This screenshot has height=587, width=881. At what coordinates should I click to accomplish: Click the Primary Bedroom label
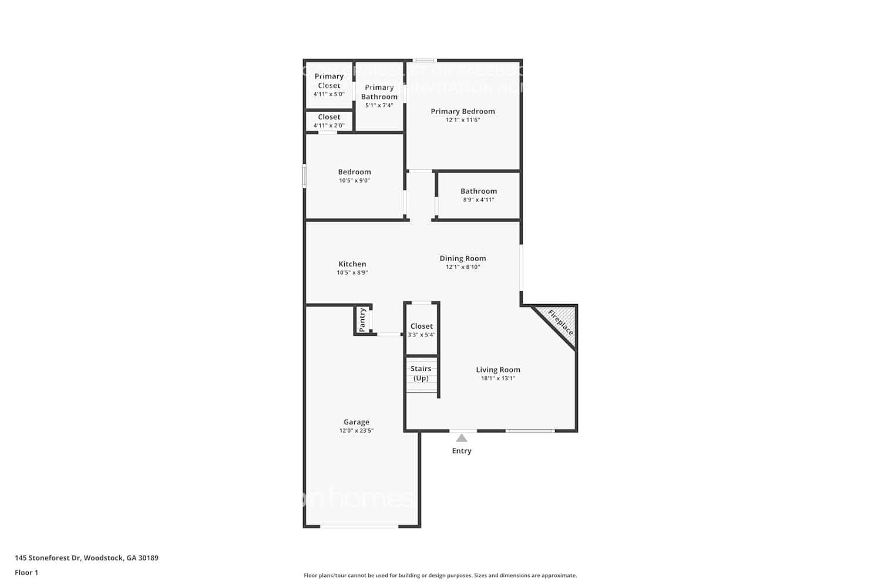(462, 111)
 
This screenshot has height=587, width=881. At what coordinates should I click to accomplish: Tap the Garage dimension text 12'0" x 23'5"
(356, 431)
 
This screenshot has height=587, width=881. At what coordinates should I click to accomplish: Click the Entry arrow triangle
(462, 438)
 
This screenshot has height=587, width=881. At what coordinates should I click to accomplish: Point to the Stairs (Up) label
(421, 373)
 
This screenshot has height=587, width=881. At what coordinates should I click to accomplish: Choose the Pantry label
(362, 320)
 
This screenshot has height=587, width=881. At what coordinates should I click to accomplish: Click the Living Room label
(497, 370)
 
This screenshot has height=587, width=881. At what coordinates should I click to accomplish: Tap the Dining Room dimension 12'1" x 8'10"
(462, 267)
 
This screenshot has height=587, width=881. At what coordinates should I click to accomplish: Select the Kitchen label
(352, 264)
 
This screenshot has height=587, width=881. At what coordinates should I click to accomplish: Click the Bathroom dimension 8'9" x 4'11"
(478, 200)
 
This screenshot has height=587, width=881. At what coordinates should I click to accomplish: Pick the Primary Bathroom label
(379, 92)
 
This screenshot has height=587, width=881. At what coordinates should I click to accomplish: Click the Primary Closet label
(329, 80)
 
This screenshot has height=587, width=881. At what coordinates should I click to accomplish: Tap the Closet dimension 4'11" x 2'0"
(329, 126)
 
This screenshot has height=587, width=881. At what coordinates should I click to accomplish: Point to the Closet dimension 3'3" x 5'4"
(422, 335)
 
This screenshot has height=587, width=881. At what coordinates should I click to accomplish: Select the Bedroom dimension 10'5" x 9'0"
(354, 181)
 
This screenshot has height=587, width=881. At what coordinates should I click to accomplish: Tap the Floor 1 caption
(26, 573)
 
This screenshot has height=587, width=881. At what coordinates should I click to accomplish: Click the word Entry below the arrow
(462, 451)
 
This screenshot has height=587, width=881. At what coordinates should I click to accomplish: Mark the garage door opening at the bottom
(359, 527)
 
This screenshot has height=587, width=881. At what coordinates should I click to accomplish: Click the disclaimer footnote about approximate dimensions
(440, 576)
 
